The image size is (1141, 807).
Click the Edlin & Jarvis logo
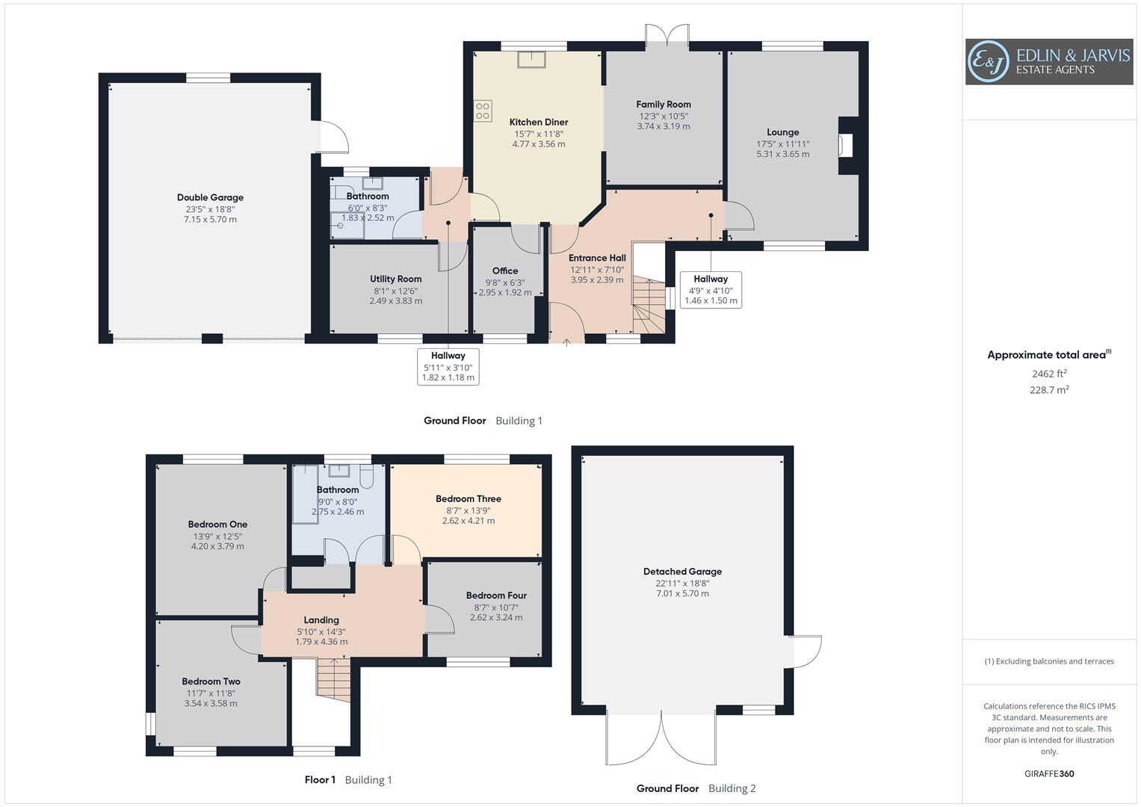click(x=1048, y=62)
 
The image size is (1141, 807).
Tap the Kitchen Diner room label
click(x=538, y=122)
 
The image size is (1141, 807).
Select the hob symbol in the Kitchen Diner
click(x=483, y=111)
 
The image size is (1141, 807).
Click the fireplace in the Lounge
click(x=846, y=145)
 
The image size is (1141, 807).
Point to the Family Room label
click(x=663, y=105)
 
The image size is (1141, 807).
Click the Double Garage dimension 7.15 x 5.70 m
click(x=210, y=220)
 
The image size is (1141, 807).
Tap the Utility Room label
click(x=395, y=279)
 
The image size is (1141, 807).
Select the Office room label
click(x=505, y=270)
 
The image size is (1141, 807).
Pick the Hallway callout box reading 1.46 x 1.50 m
click(x=711, y=290)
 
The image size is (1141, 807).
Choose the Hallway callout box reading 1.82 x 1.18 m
click(x=448, y=366)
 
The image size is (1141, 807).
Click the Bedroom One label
click(x=217, y=525)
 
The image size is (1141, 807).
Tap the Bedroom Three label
click(x=469, y=498)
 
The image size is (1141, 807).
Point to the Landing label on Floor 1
click(x=321, y=619)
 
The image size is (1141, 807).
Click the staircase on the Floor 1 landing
click(x=333, y=678)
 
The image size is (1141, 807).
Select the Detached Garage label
click(x=682, y=572)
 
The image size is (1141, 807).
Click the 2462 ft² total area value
click(x=1049, y=374)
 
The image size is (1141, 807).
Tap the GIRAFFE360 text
click(x=1049, y=773)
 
